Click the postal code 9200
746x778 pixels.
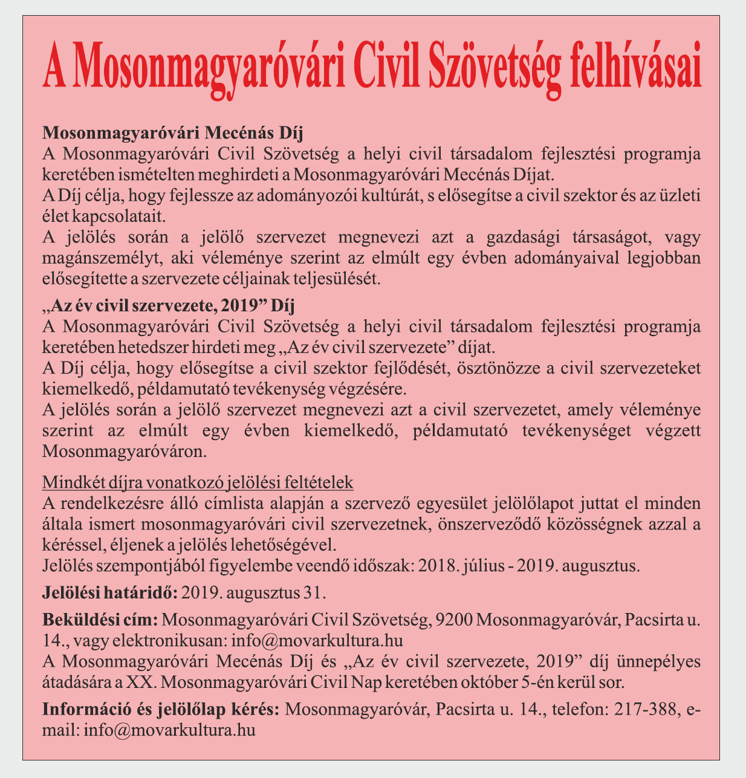coord(454,620)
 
